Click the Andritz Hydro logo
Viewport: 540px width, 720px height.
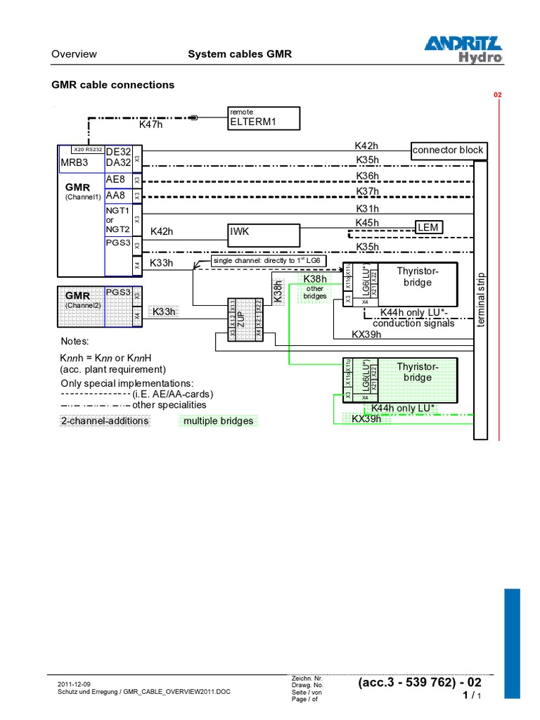[x=463, y=49]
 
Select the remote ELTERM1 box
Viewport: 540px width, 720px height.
[x=264, y=119]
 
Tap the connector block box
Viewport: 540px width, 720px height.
[x=448, y=150]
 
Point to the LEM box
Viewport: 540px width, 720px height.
[x=428, y=227]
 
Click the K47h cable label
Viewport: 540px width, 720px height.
[x=151, y=124]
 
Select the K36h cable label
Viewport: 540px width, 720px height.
[x=366, y=176]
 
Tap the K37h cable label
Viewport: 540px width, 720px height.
[x=366, y=191]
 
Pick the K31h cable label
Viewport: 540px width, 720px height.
[x=366, y=208]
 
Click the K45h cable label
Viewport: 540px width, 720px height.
[x=366, y=223]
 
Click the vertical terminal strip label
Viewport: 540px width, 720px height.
[x=481, y=299]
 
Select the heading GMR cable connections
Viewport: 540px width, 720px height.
[x=113, y=84]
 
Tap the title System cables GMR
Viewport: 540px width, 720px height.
[x=239, y=54]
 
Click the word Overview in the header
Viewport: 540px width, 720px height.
[x=75, y=54]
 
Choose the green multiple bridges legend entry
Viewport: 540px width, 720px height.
[x=218, y=420]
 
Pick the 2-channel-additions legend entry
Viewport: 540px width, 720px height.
[x=105, y=420]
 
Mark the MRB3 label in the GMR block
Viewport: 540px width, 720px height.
[x=75, y=162]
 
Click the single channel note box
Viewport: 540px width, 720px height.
[x=267, y=260]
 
